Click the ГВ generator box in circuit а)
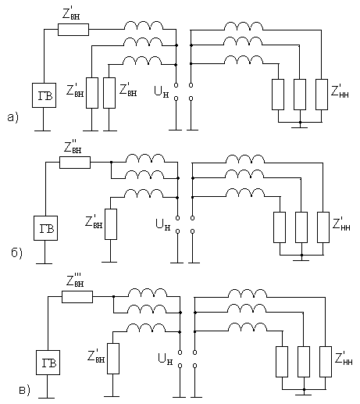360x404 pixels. [44, 95]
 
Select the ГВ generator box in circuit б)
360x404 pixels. [45, 228]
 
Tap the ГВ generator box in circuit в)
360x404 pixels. [48, 363]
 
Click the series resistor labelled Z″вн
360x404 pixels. [75, 163]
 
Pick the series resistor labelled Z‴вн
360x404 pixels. [77, 297]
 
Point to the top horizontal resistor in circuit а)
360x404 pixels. [73, 30]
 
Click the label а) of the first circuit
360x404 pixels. [13, 117]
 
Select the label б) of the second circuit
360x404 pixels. [16, 252]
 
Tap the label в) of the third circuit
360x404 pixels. [25, 391]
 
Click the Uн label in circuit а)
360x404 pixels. [162, 91]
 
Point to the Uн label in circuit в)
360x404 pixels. [166, 359]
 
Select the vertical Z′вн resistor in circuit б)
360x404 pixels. [111, 224]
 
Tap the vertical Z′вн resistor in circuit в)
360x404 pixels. [113, 359]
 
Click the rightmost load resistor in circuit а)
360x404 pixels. [322, 95]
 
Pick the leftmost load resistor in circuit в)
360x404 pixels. [282, 362]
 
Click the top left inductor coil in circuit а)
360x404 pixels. [144, 25]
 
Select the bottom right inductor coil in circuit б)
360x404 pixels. [245, 192]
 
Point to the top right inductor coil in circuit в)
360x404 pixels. [248, 293]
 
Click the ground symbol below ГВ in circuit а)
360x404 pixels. [43, 130]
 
